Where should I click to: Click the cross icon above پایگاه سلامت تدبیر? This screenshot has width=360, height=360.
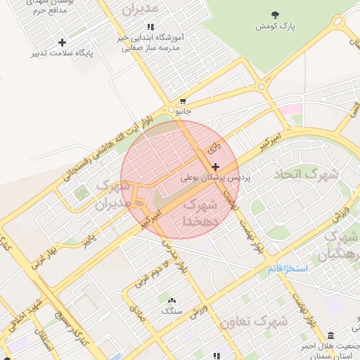(62, 43)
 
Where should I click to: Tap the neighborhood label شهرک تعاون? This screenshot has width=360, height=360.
(253, 321)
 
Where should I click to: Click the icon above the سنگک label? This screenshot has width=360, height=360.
(171, 300)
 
